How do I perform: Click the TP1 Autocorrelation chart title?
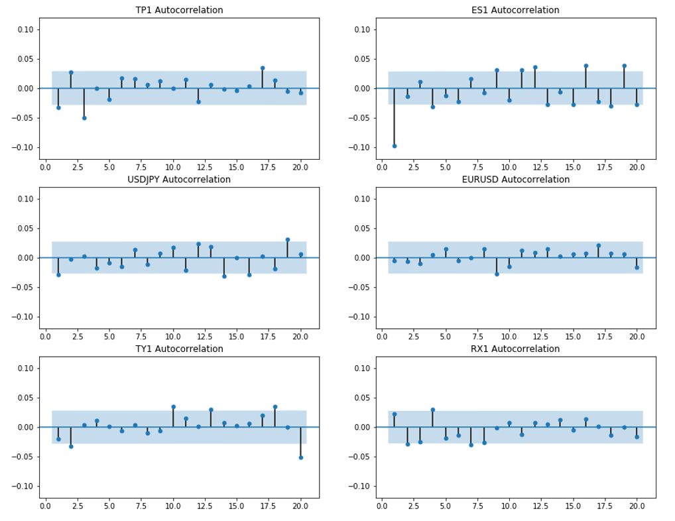coord(179,10)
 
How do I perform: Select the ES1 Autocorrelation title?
coord(515,10)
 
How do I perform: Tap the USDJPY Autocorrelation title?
coord(179,180)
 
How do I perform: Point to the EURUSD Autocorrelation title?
coord(516,180)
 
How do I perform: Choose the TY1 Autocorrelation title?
coord(179,349)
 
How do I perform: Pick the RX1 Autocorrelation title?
coord(515,349)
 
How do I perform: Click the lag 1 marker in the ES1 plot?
coord(395,146)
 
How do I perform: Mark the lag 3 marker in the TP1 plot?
coord(84,118)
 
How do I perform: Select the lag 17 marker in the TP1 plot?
coord(263,68)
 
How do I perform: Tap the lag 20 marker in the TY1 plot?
coord(301,458)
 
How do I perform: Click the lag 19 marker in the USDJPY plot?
coord(288,240)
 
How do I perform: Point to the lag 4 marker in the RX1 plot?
coord(432,410)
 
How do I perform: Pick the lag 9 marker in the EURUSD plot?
coord(497,274)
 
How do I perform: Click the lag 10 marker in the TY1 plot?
coord(174,406)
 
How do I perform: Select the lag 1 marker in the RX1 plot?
coord(395,414)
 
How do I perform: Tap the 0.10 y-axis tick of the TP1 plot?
coord(25,30)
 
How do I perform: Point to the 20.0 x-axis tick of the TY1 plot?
coord(300,506)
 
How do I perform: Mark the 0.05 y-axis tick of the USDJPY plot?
coord(25,229)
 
